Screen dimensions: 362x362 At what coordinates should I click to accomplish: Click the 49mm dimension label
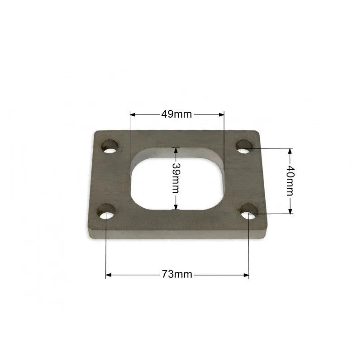tap(176, 114)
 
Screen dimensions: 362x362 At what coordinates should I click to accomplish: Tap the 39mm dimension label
tap(176, 178)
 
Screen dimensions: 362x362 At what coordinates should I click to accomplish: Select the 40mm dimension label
tap(290, 181)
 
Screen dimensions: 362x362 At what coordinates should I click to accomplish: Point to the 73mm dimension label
tap(177, 275)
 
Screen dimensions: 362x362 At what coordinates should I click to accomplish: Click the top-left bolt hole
tap(110, 146)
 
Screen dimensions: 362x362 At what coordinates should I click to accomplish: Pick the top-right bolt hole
tap(244, 146)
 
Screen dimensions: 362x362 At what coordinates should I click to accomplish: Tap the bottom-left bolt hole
tap(106, 211)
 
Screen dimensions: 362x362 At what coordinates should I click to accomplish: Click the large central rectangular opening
tap(177, 179)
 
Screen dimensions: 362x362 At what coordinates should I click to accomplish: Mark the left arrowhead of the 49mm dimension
tap(133, 114)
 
